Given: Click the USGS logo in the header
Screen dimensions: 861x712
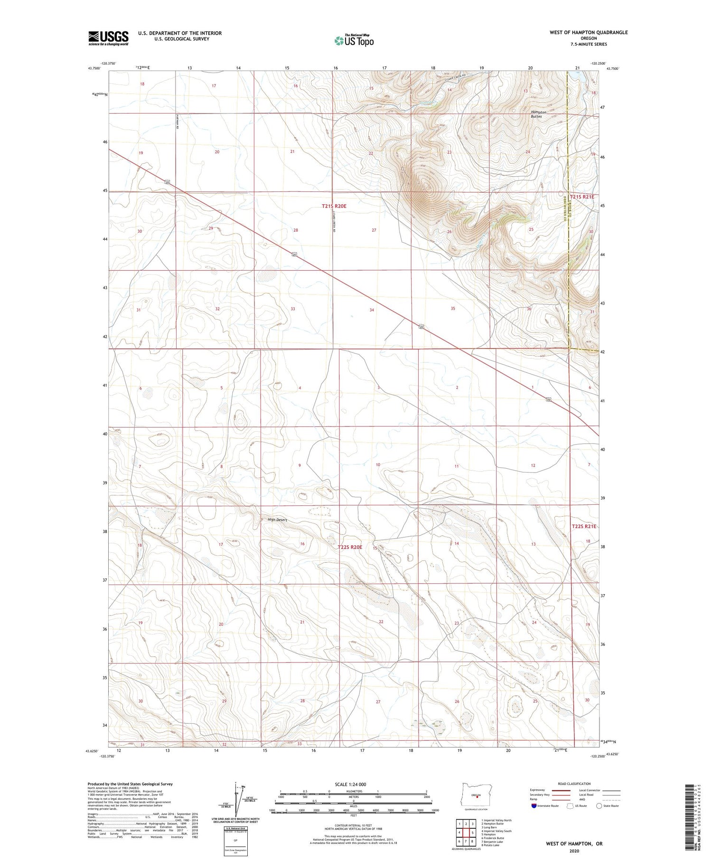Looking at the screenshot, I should coord(108,38).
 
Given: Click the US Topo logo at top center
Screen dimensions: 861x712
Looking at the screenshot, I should coord(354,41).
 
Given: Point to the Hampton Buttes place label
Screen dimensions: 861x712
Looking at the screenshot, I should coord(538,114).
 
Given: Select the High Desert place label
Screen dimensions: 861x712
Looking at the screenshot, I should coord(277,520).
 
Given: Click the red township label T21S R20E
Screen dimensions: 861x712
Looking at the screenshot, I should coord(334,206).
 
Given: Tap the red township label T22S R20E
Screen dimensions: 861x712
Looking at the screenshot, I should coord(350,547).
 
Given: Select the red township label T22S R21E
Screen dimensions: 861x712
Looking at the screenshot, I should coord(583,526).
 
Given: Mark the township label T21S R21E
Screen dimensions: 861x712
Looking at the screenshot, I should coord(582,197).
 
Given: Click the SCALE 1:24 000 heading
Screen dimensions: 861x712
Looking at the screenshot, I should coord(350,784).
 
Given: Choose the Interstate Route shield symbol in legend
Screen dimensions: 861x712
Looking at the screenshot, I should coord(535,806).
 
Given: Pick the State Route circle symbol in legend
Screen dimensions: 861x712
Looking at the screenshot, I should coord(599,806).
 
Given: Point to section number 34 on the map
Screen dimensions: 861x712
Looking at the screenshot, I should coord(372,310).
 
